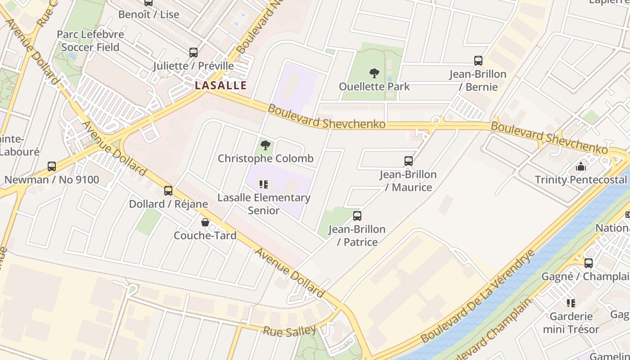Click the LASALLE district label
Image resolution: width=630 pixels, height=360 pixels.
220,85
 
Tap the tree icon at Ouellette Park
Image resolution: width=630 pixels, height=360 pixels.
374,73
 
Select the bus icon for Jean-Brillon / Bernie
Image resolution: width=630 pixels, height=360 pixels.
478,61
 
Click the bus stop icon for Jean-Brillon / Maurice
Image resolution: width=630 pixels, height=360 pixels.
408,161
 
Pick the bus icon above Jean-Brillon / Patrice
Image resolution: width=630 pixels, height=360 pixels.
357,216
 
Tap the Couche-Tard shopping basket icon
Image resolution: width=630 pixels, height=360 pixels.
205,222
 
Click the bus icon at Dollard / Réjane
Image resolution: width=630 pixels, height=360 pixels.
168,191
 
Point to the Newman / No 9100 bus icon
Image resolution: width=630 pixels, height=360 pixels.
52,166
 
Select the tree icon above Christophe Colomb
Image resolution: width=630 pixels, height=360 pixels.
265,145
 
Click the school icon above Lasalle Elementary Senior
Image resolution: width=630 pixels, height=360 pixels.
264,184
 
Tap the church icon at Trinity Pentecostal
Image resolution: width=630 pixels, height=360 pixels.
581,167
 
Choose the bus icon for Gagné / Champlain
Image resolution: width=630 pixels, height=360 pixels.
588,263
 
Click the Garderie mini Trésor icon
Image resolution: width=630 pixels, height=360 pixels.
571,303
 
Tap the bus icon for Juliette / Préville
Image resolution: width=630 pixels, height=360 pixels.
193,53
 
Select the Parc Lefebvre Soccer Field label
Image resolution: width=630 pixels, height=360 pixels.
90,40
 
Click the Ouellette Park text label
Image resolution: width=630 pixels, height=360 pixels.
374,86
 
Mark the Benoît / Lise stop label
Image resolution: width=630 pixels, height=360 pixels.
148,14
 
